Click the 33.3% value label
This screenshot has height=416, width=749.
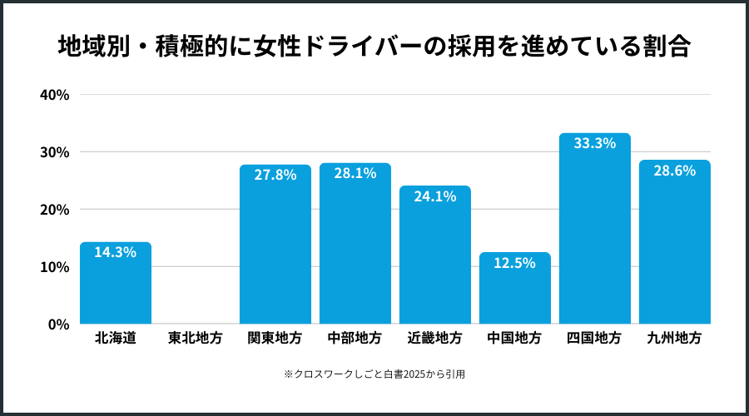[595, 143]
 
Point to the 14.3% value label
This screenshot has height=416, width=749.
[116, 252]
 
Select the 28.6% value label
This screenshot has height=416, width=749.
[675, 170]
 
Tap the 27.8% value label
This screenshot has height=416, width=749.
[275, 175]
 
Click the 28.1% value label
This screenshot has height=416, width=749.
[355, 173]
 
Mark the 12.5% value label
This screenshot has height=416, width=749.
[515, 263]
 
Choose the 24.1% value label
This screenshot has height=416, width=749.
[435, 196]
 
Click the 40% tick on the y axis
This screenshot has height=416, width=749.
[54, 95]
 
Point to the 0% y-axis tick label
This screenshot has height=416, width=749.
[57, 324]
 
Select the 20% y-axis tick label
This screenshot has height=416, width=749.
[54, 210]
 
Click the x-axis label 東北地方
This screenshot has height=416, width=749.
[196, 339]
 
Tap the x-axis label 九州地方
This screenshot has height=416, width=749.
[675, 339]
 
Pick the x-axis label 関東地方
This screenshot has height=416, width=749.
[275, 339]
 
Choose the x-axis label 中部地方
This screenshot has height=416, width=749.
[355, 339]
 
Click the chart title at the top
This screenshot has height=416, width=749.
[374, 46]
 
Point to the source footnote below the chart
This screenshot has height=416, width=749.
[374, 374]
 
